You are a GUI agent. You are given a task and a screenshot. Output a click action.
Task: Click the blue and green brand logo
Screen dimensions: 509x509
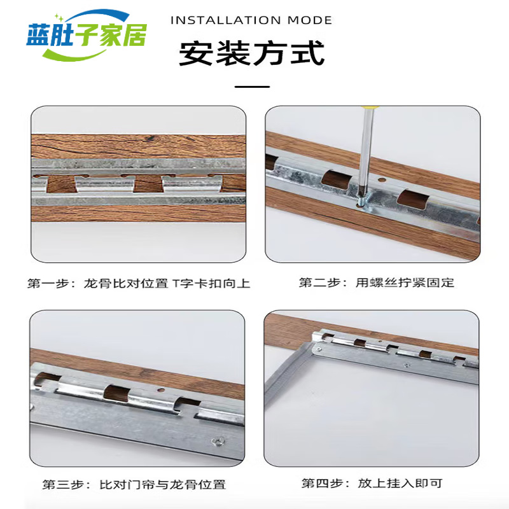point(87,35)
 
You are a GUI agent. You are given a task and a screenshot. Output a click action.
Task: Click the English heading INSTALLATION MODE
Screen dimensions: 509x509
point(251,20)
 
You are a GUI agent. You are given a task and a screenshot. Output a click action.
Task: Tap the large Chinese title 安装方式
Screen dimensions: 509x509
point(252,53)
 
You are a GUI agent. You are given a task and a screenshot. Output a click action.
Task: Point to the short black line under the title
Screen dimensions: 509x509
point(252,87)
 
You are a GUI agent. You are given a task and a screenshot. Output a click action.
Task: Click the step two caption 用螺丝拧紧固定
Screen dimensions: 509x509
point(405,282)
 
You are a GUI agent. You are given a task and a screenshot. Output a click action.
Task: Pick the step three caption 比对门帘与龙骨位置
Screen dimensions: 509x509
point(162,485)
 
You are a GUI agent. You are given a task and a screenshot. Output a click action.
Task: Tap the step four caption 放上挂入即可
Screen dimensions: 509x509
point(400,484)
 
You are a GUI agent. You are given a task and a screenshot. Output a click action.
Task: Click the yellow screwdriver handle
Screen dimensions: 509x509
point(370,107)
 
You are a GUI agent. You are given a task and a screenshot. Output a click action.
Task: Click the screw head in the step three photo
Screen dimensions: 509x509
point(217,441)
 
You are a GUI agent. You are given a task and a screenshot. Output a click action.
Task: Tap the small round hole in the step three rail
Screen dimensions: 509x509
point(161,391)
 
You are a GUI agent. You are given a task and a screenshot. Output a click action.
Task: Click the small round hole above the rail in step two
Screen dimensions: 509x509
point(382,179)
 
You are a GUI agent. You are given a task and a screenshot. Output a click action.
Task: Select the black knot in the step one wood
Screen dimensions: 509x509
point(150,139)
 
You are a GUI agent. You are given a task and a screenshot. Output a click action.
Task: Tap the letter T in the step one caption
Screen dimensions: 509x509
point(175,283)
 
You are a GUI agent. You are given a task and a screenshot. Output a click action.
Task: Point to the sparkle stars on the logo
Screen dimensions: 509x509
point(59,17)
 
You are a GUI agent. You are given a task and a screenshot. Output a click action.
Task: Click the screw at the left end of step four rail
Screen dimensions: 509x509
point(319,349)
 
